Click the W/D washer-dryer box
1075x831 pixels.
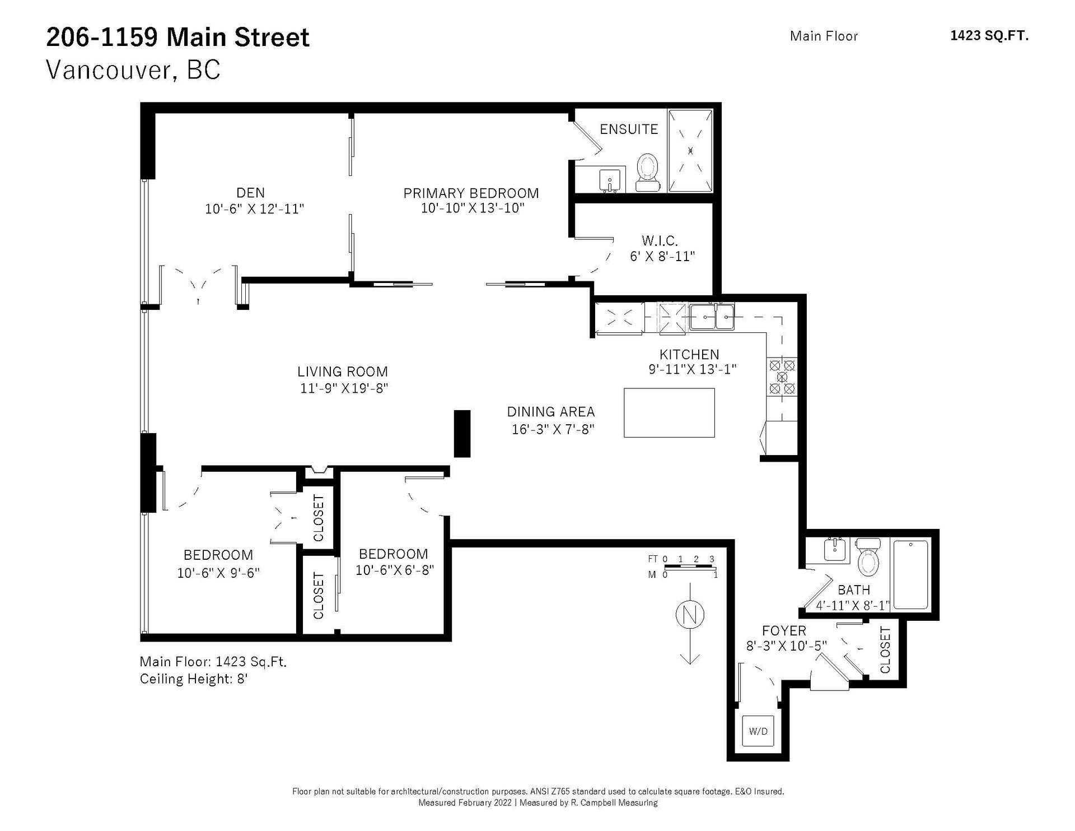[758, 731]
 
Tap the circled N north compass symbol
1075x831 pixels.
[690, 615]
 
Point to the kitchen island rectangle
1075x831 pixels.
[669, 412]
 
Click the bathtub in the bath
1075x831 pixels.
[910, 574]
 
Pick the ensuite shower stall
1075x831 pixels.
[690, 150]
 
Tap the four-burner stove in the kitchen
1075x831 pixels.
[782, 377]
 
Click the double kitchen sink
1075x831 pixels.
[712, 317]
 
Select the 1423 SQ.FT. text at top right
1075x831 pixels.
[989, 36]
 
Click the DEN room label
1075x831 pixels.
[250, 193]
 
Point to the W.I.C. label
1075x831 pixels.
[660, 241]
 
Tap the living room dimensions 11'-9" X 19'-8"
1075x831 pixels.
[344, 388]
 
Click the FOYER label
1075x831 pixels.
[784, 630]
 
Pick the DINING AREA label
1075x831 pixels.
[551, 412]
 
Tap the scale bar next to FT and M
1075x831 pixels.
[690, 567]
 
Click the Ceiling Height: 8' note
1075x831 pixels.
[194, 679]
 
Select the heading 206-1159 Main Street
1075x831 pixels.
[177, 38]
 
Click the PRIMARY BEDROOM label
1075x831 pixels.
[471, 193]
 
